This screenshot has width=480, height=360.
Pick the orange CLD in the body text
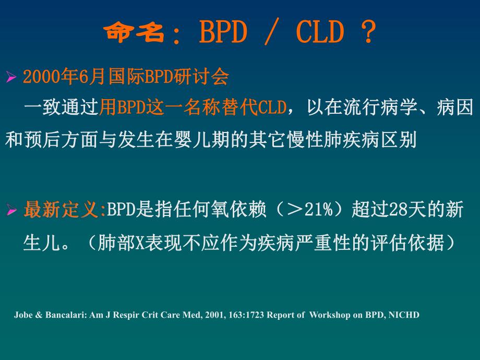tap(273, 108)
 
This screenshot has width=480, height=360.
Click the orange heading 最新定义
tap(61, 211)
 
